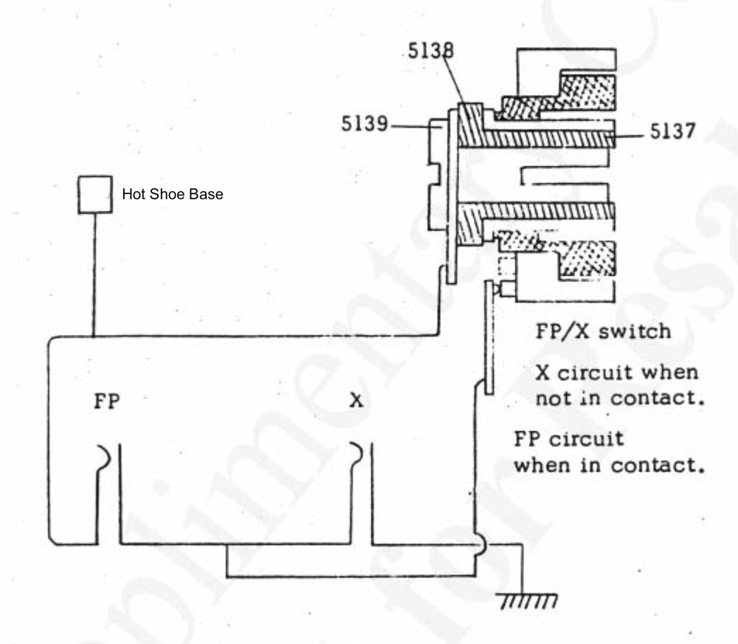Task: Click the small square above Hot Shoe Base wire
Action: coord(95,194)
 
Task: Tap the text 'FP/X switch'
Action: coord(601,330)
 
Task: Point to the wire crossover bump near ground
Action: coord(478,547)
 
